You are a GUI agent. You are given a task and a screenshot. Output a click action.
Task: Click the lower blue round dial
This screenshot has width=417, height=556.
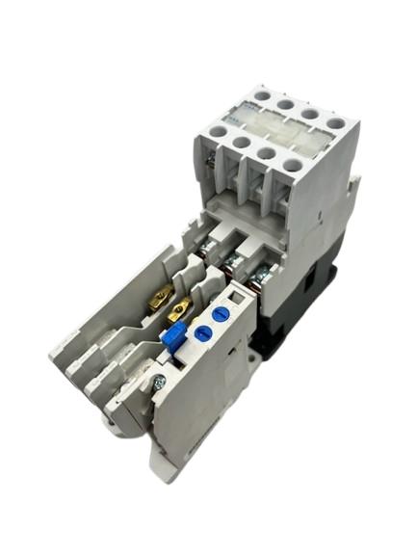203,332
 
